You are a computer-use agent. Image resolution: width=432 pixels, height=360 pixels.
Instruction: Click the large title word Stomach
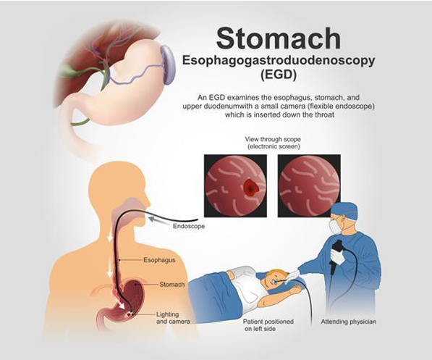click(279, 38)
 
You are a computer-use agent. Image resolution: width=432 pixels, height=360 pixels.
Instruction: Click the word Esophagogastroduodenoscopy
click(279, 61)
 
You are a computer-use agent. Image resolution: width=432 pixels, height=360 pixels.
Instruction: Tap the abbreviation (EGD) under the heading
click(279, 75)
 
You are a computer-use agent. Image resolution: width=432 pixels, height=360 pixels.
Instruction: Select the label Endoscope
click(189, 226)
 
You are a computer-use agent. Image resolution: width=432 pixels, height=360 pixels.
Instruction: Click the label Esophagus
click(159, 260)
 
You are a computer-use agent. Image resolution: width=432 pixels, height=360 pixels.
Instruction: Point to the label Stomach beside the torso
click(172, 285)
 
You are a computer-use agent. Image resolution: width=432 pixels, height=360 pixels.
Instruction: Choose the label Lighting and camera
click(173, 318)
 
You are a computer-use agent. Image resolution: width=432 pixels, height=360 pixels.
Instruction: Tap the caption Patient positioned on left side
click(268, 325)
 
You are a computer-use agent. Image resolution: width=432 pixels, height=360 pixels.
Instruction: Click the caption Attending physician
click(349, 322)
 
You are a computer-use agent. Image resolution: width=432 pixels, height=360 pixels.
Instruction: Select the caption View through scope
click(273, 139)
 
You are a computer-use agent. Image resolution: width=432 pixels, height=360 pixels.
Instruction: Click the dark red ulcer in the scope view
click(250, 185)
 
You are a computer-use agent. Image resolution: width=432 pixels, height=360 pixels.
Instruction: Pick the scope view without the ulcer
click(309, 185)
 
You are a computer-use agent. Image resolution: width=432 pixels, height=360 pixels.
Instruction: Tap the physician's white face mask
click(336, 227)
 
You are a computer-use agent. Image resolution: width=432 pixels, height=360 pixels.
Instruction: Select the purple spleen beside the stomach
click(168, 64)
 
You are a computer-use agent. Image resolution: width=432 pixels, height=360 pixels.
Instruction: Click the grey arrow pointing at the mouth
click(159, 221)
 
